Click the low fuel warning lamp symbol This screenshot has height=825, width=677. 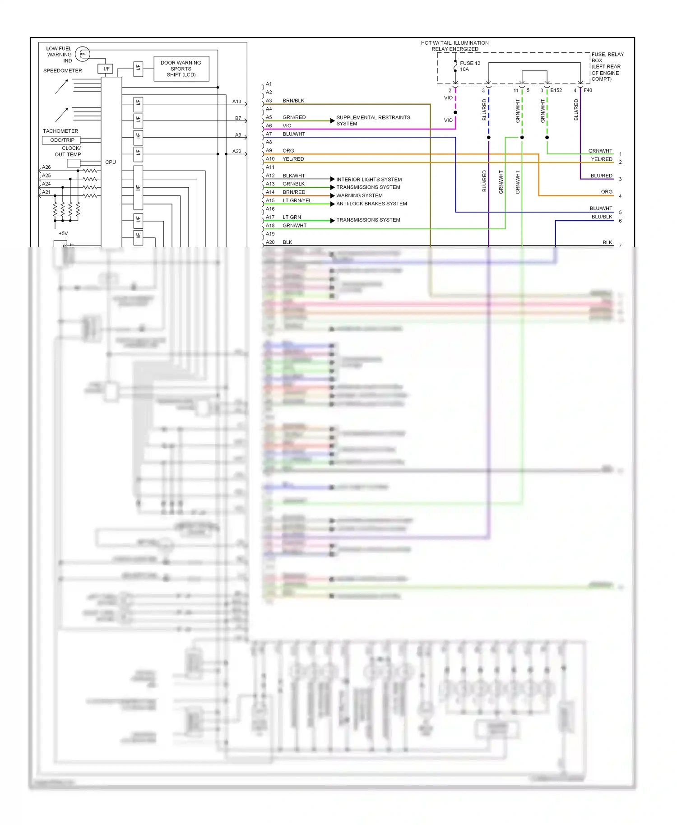point(82,54)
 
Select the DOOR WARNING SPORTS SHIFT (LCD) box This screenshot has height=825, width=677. point(181,69)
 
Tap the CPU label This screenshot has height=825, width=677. point(111,162)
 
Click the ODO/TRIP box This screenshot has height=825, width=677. point(61,140)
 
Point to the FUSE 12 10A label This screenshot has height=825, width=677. point(469,66)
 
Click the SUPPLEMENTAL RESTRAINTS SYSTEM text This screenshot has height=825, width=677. point(373,121)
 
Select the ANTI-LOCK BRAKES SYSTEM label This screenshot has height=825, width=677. point(371,204)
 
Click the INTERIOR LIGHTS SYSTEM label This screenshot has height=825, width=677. point(369,179)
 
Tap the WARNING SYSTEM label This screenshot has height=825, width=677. point(359,195)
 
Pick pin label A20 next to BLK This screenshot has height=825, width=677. point(270,242)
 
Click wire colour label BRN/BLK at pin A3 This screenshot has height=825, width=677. point(293,101)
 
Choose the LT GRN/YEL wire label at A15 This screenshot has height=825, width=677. point(297,200)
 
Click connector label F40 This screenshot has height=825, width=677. point(588,90)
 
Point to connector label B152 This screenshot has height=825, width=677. point(556,90)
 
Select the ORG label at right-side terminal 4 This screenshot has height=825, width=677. point(607,192)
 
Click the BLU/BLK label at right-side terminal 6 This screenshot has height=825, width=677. point(602,217)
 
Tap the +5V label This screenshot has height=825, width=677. point(63,233)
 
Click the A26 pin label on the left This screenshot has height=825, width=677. point(46,167)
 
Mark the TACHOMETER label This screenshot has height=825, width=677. point(60,131)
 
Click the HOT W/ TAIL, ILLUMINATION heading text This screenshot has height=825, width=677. point(454,43)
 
